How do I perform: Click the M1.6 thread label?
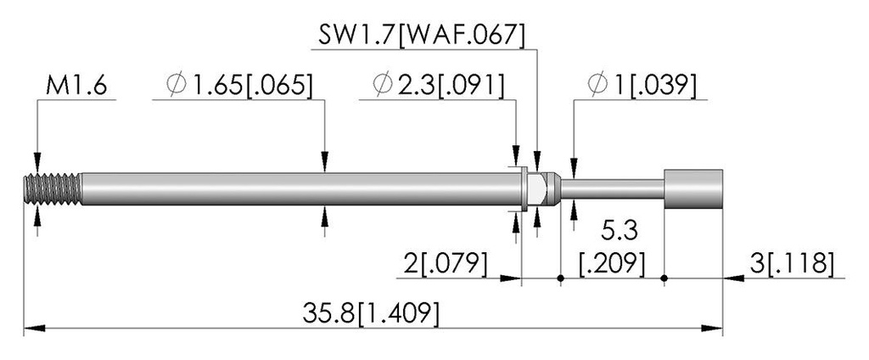76,87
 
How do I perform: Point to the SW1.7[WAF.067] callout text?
421,36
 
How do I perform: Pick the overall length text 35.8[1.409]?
371,314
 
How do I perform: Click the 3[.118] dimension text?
792,264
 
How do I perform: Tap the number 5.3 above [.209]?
619,231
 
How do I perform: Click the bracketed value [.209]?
612,264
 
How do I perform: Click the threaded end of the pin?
53,189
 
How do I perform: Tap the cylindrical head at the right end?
692,189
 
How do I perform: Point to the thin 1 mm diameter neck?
613,189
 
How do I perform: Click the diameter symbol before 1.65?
177,86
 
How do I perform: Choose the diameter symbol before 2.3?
384,86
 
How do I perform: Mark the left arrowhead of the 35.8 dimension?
34,329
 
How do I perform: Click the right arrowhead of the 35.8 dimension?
712,329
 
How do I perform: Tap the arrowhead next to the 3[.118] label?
734,278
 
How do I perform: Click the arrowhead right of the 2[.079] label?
510,278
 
